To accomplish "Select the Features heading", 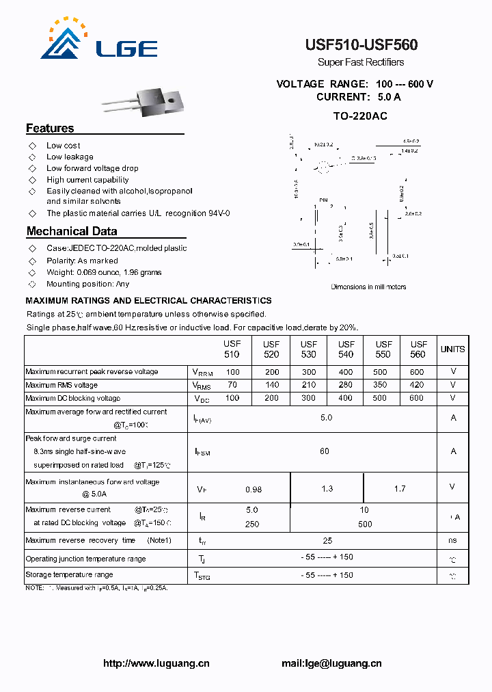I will [50, 128].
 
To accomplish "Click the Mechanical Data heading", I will [72, 231].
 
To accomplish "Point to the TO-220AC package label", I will [360, 116].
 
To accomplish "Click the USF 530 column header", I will [309, 349].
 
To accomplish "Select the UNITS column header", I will [452, 349].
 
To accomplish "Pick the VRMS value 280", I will [345, 385].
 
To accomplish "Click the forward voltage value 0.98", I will [254, 489].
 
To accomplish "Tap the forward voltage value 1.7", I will [400, 488].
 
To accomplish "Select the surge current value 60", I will [325, 451].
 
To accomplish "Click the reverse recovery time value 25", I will [327, 540].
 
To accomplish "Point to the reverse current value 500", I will [365, 524].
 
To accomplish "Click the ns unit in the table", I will [452, 540].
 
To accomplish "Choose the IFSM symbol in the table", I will [202, 452].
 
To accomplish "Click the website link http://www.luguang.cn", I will [156, 663].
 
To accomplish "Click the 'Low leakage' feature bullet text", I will [70, 157].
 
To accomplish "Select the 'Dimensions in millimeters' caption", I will [368, 287].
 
